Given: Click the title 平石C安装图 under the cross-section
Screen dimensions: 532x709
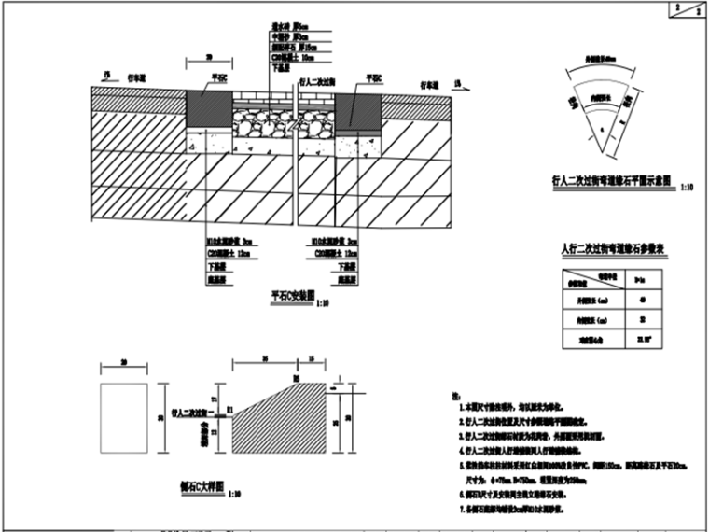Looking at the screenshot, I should tap(288, 298).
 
